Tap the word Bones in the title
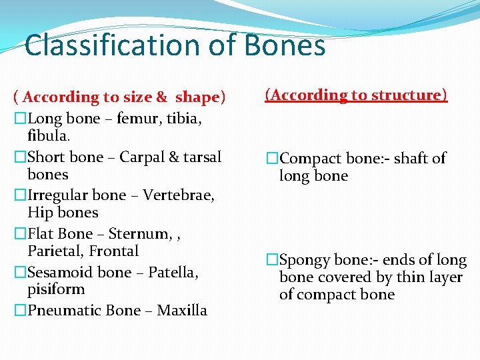[285, 46]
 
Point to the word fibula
[49, 136]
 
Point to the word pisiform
[56, 290]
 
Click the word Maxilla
[182, 311]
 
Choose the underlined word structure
[409, 95]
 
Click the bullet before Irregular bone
[21, 196]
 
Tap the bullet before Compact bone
[272, 159]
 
